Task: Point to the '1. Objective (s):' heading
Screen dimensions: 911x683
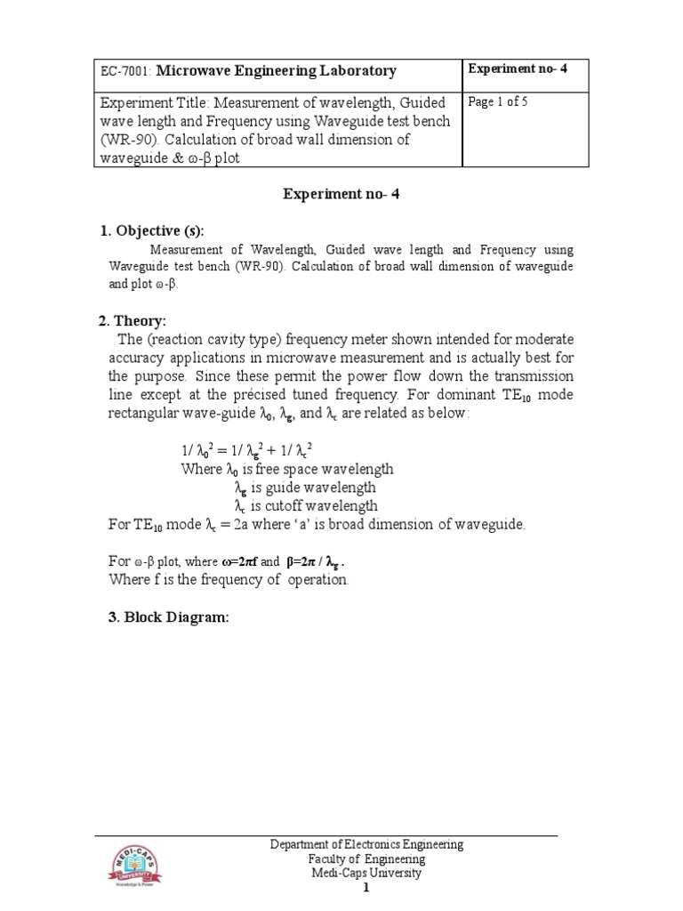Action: (157, 230)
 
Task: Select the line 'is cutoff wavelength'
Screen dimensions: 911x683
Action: (307, 506)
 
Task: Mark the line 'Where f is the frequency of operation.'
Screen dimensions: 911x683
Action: (229, 579)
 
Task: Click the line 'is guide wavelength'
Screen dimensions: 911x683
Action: (305, 488)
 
